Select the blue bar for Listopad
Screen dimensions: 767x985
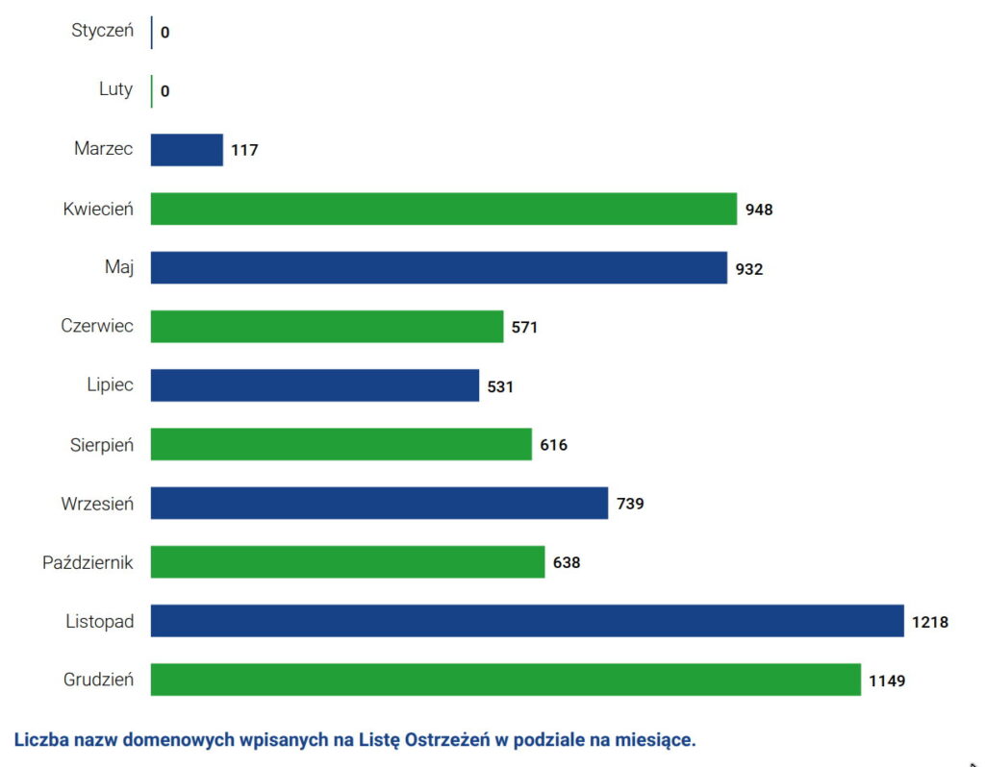527,621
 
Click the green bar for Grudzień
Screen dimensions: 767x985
505,680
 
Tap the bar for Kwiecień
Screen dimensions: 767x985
443,209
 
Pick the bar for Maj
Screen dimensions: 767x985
439,267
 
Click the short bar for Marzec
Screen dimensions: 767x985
187,150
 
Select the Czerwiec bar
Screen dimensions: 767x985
327,327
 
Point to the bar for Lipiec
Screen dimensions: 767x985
315,385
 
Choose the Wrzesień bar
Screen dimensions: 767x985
379,503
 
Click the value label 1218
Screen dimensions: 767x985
930,622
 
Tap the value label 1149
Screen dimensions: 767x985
887,681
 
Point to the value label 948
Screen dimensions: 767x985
759,210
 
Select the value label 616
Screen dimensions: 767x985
553,445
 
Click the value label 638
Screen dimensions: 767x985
567,562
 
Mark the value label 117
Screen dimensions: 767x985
244,150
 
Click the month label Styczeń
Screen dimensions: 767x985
102,31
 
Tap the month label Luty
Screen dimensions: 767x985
115,89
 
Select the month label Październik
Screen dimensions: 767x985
88,561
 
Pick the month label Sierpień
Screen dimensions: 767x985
101,444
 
